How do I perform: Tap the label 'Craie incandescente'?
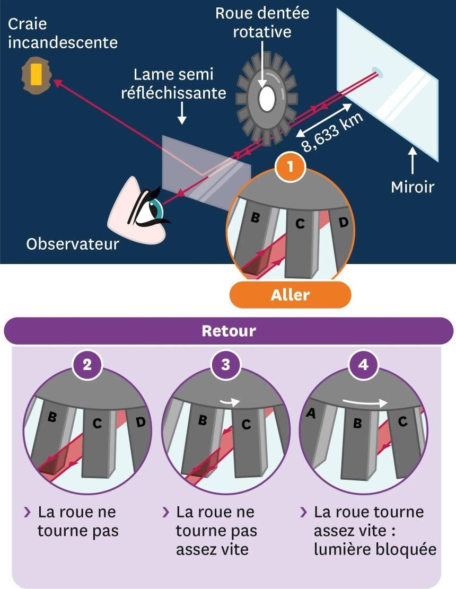click(63, 33)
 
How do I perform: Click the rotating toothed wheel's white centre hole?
click(266, 98)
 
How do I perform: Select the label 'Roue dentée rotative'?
click(262, 22)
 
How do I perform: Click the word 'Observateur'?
click(73, 244)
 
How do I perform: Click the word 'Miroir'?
click(413, 187)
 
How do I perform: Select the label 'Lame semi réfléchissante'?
click(180, 84)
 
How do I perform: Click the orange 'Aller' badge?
click(290, 295)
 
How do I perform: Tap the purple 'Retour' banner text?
click(229, 331)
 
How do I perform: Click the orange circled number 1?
click(290, 166)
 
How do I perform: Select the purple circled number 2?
click(87, 365)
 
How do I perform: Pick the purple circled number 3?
click(226, 365)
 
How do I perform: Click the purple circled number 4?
click(364, 365)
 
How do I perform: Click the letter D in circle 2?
click(141, 423)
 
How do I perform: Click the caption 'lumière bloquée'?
click(375, 550)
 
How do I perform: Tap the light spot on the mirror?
click(378, 70)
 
